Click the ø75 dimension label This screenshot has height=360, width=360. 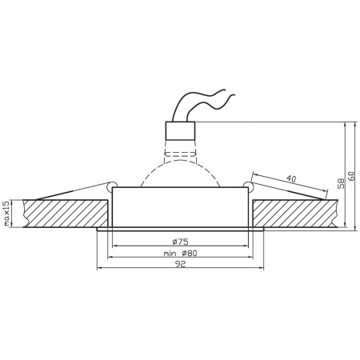pyautogui.click(x=179, y=241)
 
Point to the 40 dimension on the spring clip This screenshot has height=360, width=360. pyautogui.click(x=290, y=179)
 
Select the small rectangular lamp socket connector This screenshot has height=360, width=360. pyautogui.click(x=180, y=130)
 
